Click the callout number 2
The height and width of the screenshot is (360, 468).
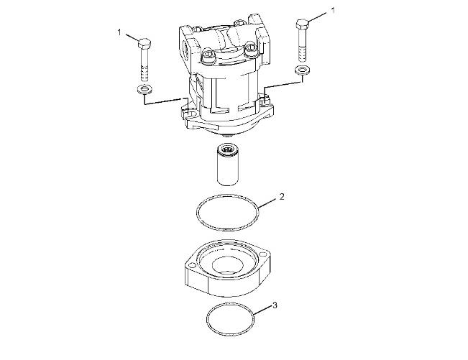[x=282, y=197]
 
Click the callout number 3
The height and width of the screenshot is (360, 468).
[x=275, y=305]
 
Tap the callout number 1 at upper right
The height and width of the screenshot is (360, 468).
[x=333, y=11]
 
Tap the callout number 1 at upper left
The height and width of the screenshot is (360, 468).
[x=119, y=32]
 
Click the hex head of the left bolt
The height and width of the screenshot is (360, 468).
[x=144, y=44]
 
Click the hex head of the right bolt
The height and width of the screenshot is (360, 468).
[x=303, y=24]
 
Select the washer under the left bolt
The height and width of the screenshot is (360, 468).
[x=144, y=89]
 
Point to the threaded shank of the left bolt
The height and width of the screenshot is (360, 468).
[x=144, y=65]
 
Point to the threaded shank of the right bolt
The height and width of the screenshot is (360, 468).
[x=303, y=45]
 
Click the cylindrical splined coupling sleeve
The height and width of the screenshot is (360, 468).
[x=227, y=165]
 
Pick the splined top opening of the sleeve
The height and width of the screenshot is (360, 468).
[x=227, y=149]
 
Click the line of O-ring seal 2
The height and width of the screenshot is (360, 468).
[x=197, y=212]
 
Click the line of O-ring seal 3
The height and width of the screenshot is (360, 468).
[x=206, y=320]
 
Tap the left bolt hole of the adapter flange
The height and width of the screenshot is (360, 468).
[x=191, y=265]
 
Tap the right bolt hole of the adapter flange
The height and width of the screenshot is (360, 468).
[x=262, y=254]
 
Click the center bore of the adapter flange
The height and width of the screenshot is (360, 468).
[x=226, y=264]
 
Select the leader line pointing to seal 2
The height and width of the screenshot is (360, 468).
[x=267, y=203]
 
